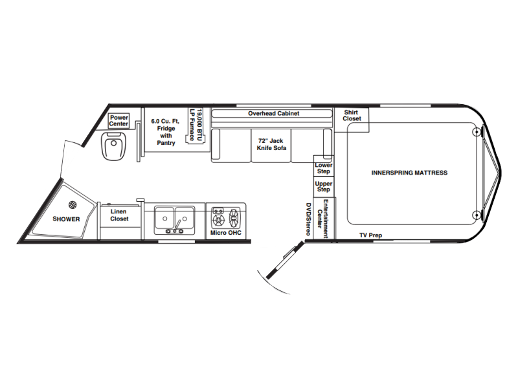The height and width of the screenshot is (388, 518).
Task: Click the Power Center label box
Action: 118,121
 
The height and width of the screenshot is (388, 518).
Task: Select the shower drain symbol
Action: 73,205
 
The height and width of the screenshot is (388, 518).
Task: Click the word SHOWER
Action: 66,219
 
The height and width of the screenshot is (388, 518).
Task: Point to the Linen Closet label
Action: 119,215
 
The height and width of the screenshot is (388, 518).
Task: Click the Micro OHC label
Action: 225,233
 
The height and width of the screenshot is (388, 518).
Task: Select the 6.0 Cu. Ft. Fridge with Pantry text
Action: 166,132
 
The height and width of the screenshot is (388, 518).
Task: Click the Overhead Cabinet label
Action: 273,113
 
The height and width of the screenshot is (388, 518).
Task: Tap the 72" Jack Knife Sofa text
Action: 271,144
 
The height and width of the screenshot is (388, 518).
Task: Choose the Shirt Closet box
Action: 352,120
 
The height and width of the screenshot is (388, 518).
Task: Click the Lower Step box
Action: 324,166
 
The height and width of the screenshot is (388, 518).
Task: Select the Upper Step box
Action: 324,186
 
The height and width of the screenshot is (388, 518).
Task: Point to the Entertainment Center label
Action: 322,219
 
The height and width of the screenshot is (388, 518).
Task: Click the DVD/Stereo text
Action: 308,219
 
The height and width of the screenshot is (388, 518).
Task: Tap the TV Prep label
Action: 370,235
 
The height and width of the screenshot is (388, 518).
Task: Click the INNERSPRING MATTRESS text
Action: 409,173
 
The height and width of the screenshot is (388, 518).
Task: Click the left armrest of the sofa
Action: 216,145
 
